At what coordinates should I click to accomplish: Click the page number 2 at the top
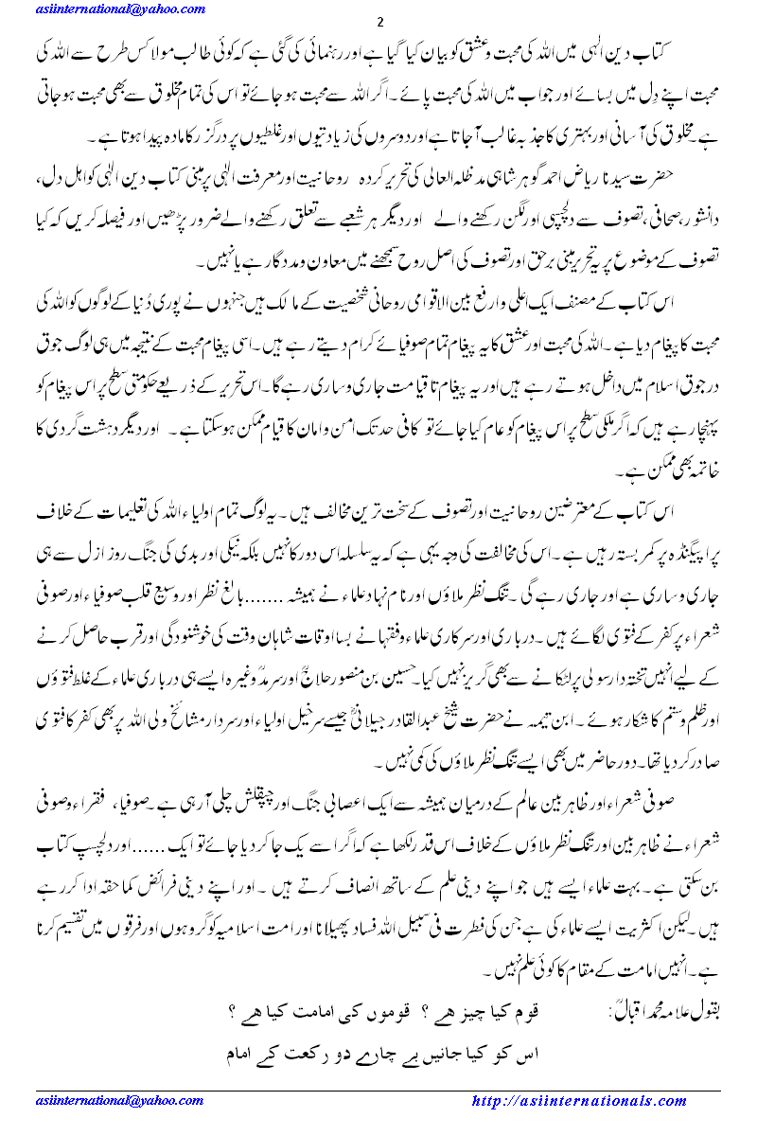click(378, 23)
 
